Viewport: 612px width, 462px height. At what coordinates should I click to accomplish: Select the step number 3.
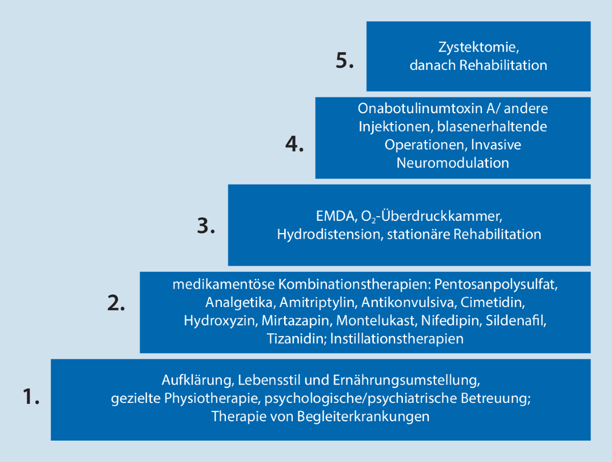click(x=206, y=226)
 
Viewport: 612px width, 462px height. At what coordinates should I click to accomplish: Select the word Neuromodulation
click(x=453, y=163)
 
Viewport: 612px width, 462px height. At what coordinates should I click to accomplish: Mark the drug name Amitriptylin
click(x=318, y=302)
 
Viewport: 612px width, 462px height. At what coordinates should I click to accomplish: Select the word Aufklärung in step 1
click(x=197, y=380)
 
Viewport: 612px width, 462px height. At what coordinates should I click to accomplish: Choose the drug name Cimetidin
click(x=492, y=302)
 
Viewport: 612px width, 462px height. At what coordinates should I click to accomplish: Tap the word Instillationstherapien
click(x=397, y=339)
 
